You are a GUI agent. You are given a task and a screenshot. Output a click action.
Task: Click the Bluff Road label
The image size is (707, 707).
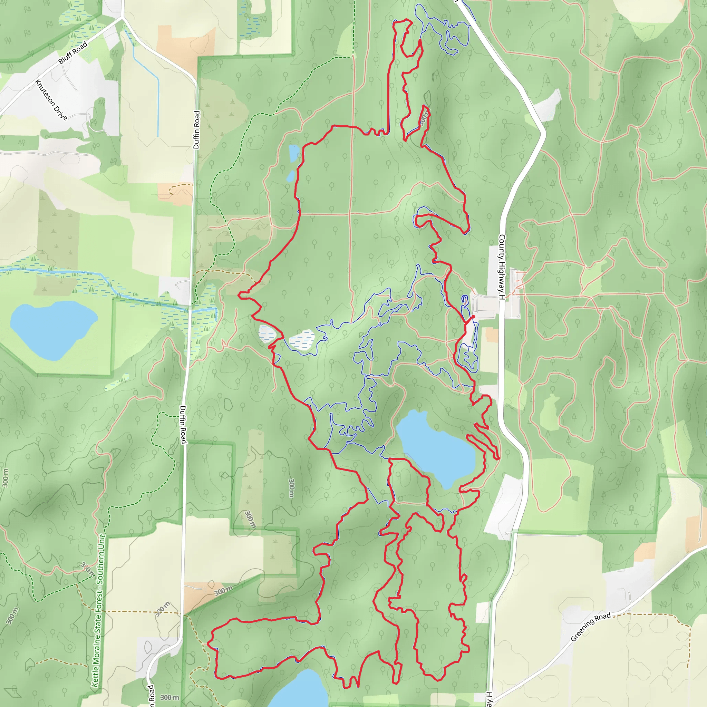tap(73, 53)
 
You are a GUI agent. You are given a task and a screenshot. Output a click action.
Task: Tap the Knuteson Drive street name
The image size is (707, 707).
tap(51, 100)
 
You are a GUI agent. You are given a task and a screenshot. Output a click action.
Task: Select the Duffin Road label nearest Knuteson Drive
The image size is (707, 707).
tap(197, 129)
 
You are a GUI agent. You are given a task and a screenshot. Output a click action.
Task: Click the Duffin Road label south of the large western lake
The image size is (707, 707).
tap(183, 425)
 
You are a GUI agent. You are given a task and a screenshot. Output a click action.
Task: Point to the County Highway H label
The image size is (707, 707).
tap(502, 267)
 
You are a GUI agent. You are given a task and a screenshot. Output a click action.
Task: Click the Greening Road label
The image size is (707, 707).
tap(591, 627)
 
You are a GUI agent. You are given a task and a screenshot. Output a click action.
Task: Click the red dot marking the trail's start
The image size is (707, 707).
tap(473, 317)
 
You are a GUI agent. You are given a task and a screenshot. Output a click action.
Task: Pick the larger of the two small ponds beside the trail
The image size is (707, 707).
tap(294, 153)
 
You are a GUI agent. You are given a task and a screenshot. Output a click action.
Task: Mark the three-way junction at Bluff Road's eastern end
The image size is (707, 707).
tap(122, 17)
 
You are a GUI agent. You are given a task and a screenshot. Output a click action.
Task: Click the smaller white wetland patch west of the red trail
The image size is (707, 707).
tap(267, 333)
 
